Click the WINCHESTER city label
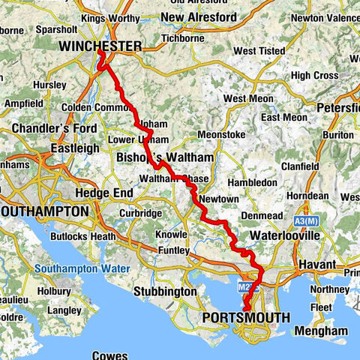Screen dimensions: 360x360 point(100,46)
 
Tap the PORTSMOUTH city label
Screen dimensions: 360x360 point(246,318)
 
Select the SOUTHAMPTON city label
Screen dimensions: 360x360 point(44,212)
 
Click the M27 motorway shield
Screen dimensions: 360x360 point(250,286)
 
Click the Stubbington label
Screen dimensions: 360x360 point(165,291)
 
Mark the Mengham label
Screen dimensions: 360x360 point(321,331)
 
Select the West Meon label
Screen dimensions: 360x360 point(244,98)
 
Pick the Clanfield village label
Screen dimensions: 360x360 point(304,166)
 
